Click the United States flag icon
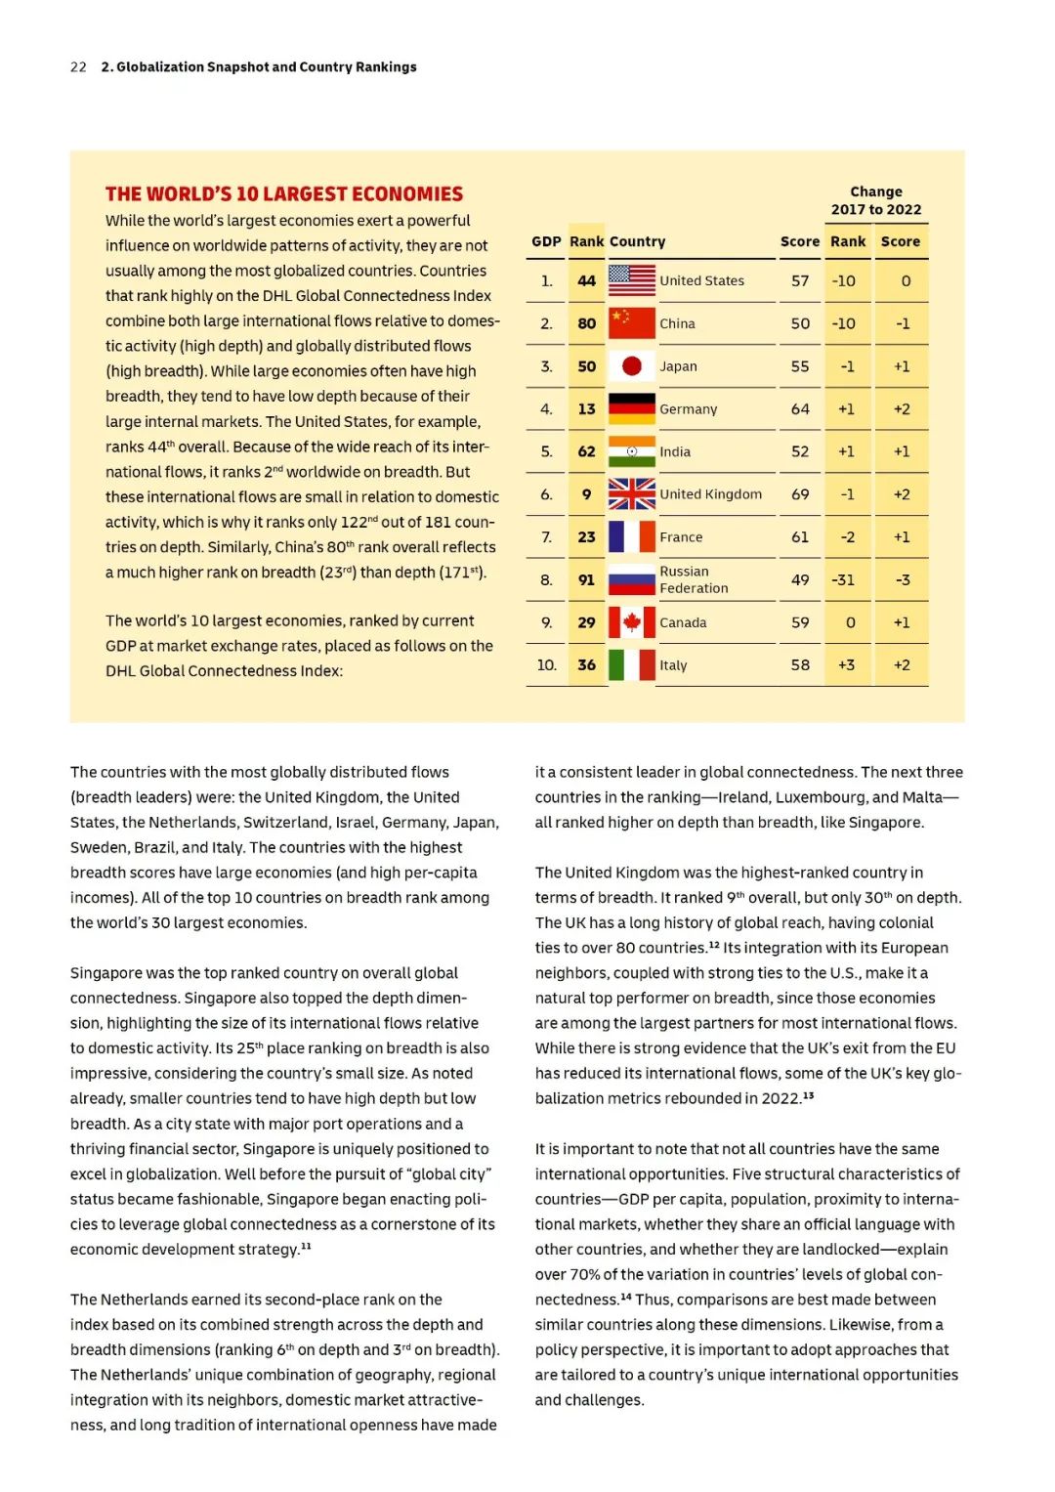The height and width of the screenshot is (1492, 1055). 631,280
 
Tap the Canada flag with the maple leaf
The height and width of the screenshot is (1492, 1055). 631,622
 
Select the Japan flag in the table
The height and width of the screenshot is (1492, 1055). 631,366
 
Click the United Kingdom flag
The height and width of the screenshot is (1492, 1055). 631,494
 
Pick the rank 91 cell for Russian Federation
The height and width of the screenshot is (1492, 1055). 586,580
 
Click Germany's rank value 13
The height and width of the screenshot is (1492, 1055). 586,409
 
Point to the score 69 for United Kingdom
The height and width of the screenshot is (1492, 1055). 800,494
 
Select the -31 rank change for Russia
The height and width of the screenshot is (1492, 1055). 843,580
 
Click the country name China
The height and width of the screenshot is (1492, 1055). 677,323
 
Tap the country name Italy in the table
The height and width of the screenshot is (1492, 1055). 673,665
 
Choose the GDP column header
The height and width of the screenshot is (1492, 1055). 546,241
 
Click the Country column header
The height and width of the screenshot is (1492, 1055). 637,241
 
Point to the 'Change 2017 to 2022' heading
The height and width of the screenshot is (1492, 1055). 876,200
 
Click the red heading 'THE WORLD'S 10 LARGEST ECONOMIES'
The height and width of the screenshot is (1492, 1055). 284,193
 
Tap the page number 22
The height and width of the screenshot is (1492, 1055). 78,67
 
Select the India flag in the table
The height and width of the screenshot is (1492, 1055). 631,451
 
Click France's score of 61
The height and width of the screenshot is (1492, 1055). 800,537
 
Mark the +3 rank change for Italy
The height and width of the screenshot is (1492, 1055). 846,665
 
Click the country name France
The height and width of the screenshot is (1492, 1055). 681,537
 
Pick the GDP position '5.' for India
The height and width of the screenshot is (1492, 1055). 546,451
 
